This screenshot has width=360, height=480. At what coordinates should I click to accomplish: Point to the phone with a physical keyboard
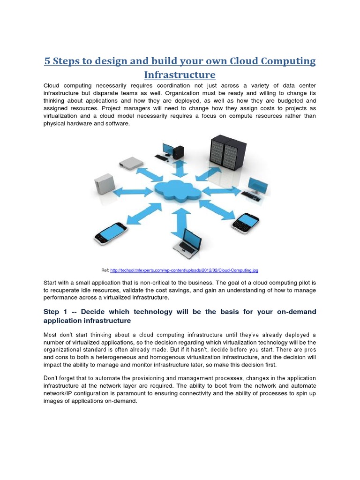click(246, 223)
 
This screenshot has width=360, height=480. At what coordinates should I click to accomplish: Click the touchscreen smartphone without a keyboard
click(111, 232)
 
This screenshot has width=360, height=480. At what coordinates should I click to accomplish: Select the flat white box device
click(131, 163)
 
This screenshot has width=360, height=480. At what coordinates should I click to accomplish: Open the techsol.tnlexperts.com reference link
click(184, 270)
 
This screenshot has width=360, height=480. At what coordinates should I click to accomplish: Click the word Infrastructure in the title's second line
click(180, 75)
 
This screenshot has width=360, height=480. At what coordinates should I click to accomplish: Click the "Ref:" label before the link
click(105, 270)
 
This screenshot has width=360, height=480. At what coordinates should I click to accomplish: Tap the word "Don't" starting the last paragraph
click(52, 378)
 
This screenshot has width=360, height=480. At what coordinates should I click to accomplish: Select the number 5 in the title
click(47, 61)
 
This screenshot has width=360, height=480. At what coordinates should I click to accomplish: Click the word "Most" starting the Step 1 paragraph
click(51, 335)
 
